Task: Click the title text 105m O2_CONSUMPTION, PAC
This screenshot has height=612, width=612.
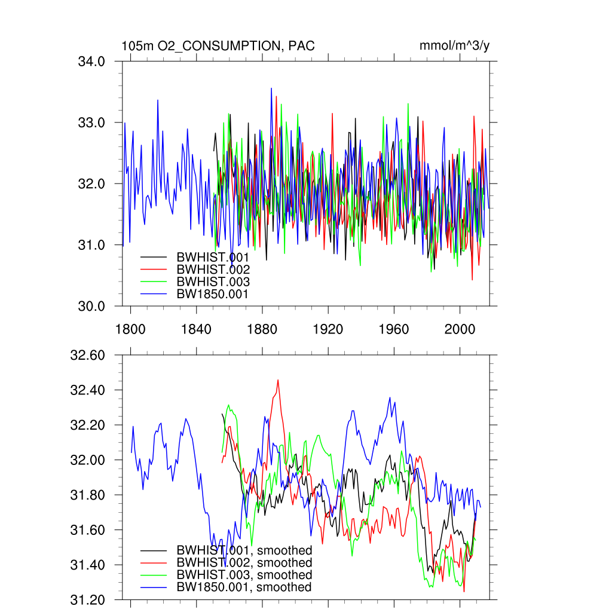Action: pos(218,46)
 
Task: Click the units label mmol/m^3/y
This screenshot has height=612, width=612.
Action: pos(455,46)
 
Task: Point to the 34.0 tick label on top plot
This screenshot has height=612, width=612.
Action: pos(92,62)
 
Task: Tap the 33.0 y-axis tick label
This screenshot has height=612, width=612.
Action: pos(92,123)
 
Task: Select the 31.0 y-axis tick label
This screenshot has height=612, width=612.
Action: pos(92,245)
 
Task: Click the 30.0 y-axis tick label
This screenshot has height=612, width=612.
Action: pos(92,306)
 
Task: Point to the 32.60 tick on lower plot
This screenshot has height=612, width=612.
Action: pos(87,356)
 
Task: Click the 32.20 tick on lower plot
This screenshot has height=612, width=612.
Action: pos(87,426)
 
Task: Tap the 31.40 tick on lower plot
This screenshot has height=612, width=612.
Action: pos(87,565)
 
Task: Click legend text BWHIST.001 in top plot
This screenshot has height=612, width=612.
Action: pos(213,257)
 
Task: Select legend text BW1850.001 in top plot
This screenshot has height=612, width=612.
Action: pos(212,294)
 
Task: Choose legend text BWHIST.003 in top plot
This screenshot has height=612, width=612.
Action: pos(213,281)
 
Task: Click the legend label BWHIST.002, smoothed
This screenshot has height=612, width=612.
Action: pos(244,563)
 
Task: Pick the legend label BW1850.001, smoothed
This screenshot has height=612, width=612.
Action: pos(244,587)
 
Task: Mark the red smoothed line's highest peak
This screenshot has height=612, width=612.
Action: pos(278,380)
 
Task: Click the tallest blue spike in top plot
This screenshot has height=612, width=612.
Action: pos(271,88)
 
